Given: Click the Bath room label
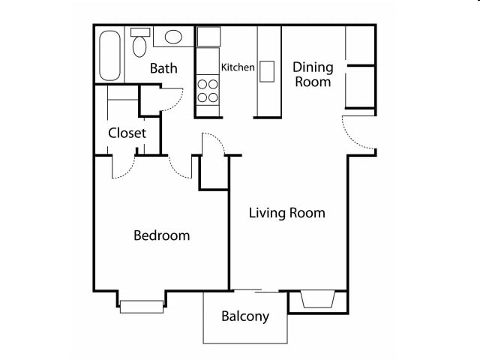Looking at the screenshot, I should click(x=163, y=68).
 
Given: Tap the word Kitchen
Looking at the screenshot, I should click(x=238, y=67).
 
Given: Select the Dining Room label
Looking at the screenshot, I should click(x=313, y=74).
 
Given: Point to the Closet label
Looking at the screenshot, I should click(x=127, y=133).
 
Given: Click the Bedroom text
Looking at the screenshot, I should click(x=161, y=235).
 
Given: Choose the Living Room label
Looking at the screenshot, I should click(x=287, y=213).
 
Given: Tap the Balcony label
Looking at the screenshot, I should click(x=244, y=316).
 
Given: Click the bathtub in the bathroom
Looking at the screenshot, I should click(x=109, y=55).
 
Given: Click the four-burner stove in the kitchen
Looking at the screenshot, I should click(x=208, y=90).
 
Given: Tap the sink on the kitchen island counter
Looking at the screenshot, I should click(x=267, y=70).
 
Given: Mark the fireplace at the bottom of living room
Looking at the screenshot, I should click(x=317, y=300).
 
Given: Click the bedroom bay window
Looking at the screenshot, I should click(x=142, y=305).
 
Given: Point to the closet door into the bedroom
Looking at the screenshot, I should click(x=123, y=167).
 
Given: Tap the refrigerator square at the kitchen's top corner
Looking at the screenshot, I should click(x=208, y=37).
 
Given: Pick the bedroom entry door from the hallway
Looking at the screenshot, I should click(x=181, y=166).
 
